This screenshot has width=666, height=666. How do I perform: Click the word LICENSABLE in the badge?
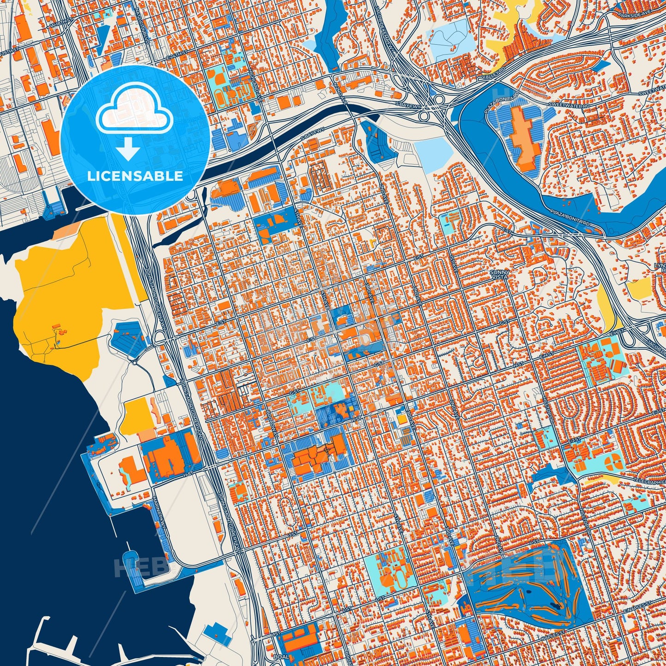pyautogui.click(x=136, y=176)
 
